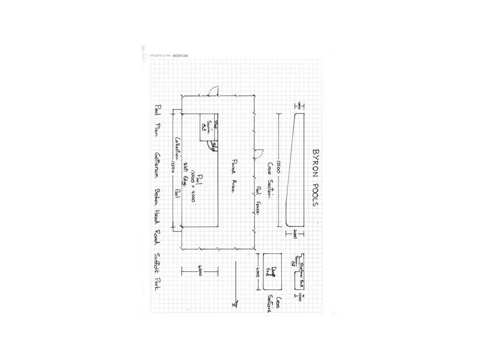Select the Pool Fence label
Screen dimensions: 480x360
pos(259,197)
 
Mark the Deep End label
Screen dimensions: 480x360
pos(277,273)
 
